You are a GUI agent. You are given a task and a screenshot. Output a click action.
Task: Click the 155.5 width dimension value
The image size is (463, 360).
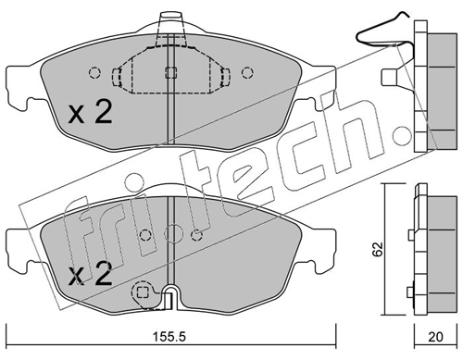click(x=169, y=337)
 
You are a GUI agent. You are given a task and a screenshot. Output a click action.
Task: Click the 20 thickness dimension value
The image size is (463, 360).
click(x=435, y=337)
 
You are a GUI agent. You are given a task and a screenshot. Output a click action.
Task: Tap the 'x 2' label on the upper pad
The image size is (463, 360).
click(x=90, y=113)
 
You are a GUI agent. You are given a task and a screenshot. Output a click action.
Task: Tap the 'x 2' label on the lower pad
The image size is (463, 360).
click(x=90, y=273)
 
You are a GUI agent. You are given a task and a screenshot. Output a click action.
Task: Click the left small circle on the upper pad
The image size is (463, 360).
click(x=94, y=73)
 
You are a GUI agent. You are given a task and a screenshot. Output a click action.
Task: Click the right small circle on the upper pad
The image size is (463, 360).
click(x=247, y=73)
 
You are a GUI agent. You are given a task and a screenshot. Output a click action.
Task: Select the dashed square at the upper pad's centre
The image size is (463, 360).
click(x=170, y=72)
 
